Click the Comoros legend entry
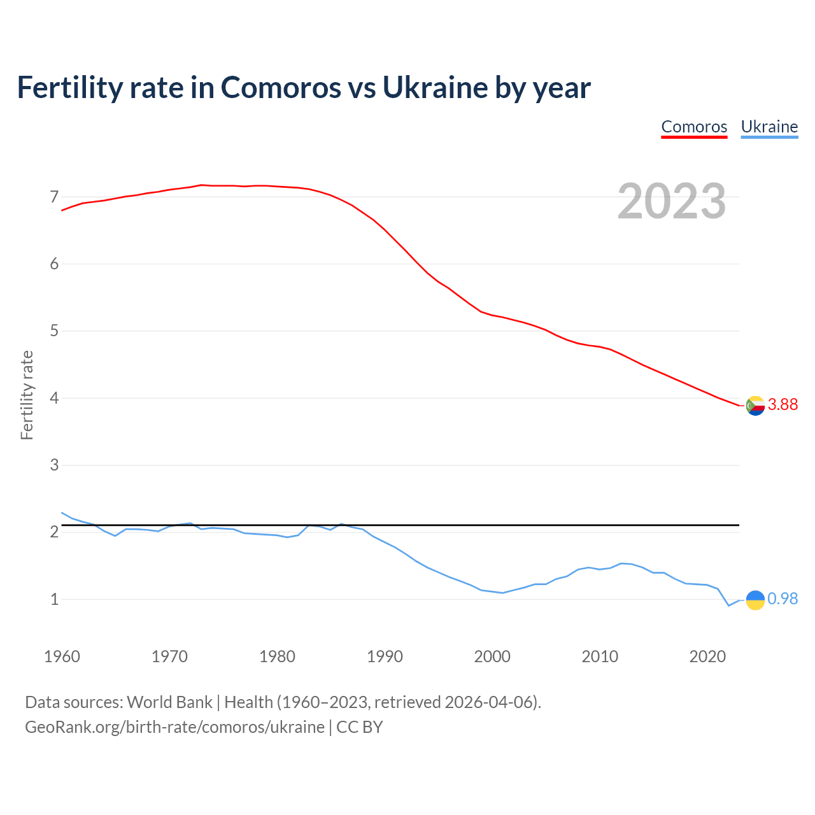[x=694, y=127]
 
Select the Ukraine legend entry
[x=769, y=127]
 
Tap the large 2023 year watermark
[x=672, y=201]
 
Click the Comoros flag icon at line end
[x=755, y=406]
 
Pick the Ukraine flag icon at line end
[x=755, y=600]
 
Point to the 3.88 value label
[x=783, y=405]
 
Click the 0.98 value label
[x=783, y=599]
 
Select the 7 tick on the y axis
[x=54, y=197]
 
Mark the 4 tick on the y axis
[x=54, y=398]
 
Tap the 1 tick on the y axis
[x=54, y=599]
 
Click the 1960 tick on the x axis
[x=62, y=656]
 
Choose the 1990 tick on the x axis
[x=385, y=656]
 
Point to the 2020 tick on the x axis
[x=707, y=656]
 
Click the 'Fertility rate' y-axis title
[x=27, y=395]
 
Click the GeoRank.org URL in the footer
[x=174, y=727]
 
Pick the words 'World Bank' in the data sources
[x=169, y=702]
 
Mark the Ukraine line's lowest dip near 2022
[x=729, y=606]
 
